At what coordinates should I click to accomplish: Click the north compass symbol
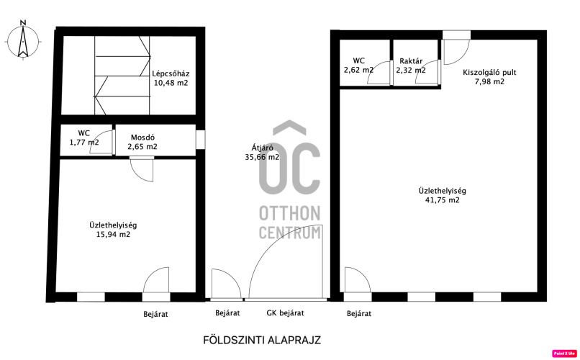pyautogui.click(x=23, y=40)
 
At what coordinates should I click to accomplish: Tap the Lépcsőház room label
pyautogui.click(x=171, y=73)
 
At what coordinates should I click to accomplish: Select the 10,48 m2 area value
pyautogui.click(x=171, y=83)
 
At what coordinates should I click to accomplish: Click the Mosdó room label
pyautogui.click(x=142, y=138)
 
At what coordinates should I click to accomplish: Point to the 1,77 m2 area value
pyautogui.click(x=84, y=142)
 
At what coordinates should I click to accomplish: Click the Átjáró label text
pyautogui.click(x=262, y=148)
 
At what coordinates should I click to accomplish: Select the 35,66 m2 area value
pyautogui.click(x=262, y=157)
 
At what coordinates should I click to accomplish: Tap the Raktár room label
pyautogui.click(x=411, y=61)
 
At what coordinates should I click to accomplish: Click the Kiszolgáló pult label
pyautogui.click(x=489, y=72)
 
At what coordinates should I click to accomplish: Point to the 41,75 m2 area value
pyautogui.click(x=443, y=200)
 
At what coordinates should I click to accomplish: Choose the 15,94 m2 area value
pyautogui.click(x=113, y=235)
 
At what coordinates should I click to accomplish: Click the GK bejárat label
pyautogui.click(x=285, y=313)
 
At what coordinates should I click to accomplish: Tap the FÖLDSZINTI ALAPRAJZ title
pyautogui.click(x=262, y=340)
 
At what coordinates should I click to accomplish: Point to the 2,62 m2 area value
pyautogui.click(x=359, y=70)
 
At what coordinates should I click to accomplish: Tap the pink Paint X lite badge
pyautogui.click(x=564, y=354)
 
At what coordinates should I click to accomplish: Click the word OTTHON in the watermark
pyautogui.click(x=289, y=214)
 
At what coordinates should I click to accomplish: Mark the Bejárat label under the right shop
pyautogui.click(x=359, y=314)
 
